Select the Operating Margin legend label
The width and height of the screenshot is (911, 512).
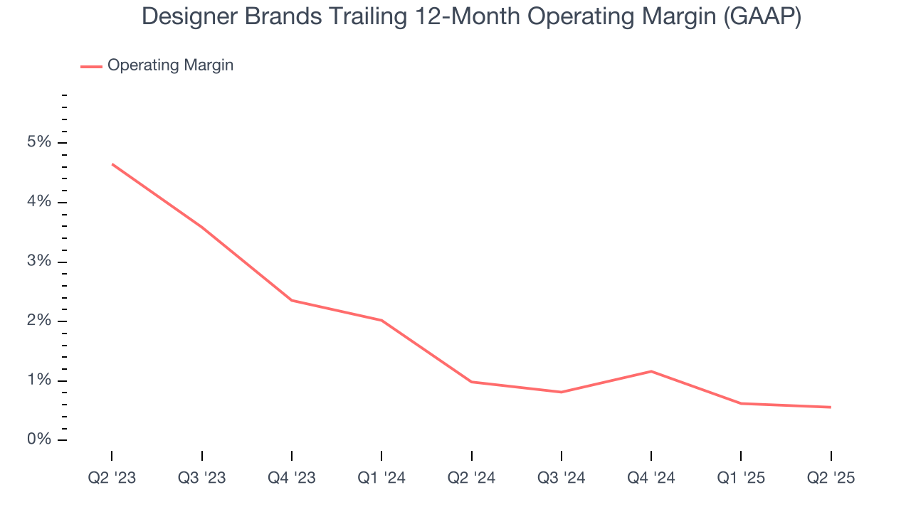tap(170, 65)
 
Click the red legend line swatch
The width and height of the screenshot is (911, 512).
tap(91, 66)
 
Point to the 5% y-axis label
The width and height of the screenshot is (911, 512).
tap(41, 142)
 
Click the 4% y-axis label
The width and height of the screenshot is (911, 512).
tap(41, 202)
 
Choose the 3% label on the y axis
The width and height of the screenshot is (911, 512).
tap(41, 261)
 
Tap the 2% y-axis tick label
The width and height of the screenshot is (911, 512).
tap(41, 321)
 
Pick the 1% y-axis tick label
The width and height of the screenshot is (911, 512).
tap(41, 380)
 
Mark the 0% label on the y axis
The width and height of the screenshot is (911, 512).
tap(41, 439)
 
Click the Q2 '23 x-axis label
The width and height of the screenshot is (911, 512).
tap(112, 478)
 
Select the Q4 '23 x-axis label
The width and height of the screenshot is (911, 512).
tap(292, 478)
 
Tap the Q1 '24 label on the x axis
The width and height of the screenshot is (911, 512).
tap(381, 478)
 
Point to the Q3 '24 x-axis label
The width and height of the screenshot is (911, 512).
tap(562, 478)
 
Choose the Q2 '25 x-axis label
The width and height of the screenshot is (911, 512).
tap(831, 478)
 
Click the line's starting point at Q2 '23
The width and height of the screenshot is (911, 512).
tap(112, 164)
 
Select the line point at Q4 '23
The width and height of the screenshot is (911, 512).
tap(292, 300)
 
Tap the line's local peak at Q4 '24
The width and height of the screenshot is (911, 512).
tap(651, 371)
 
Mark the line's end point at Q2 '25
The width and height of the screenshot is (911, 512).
tap(831, 407)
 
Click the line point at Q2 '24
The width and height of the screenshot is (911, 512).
tap(472, 382)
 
